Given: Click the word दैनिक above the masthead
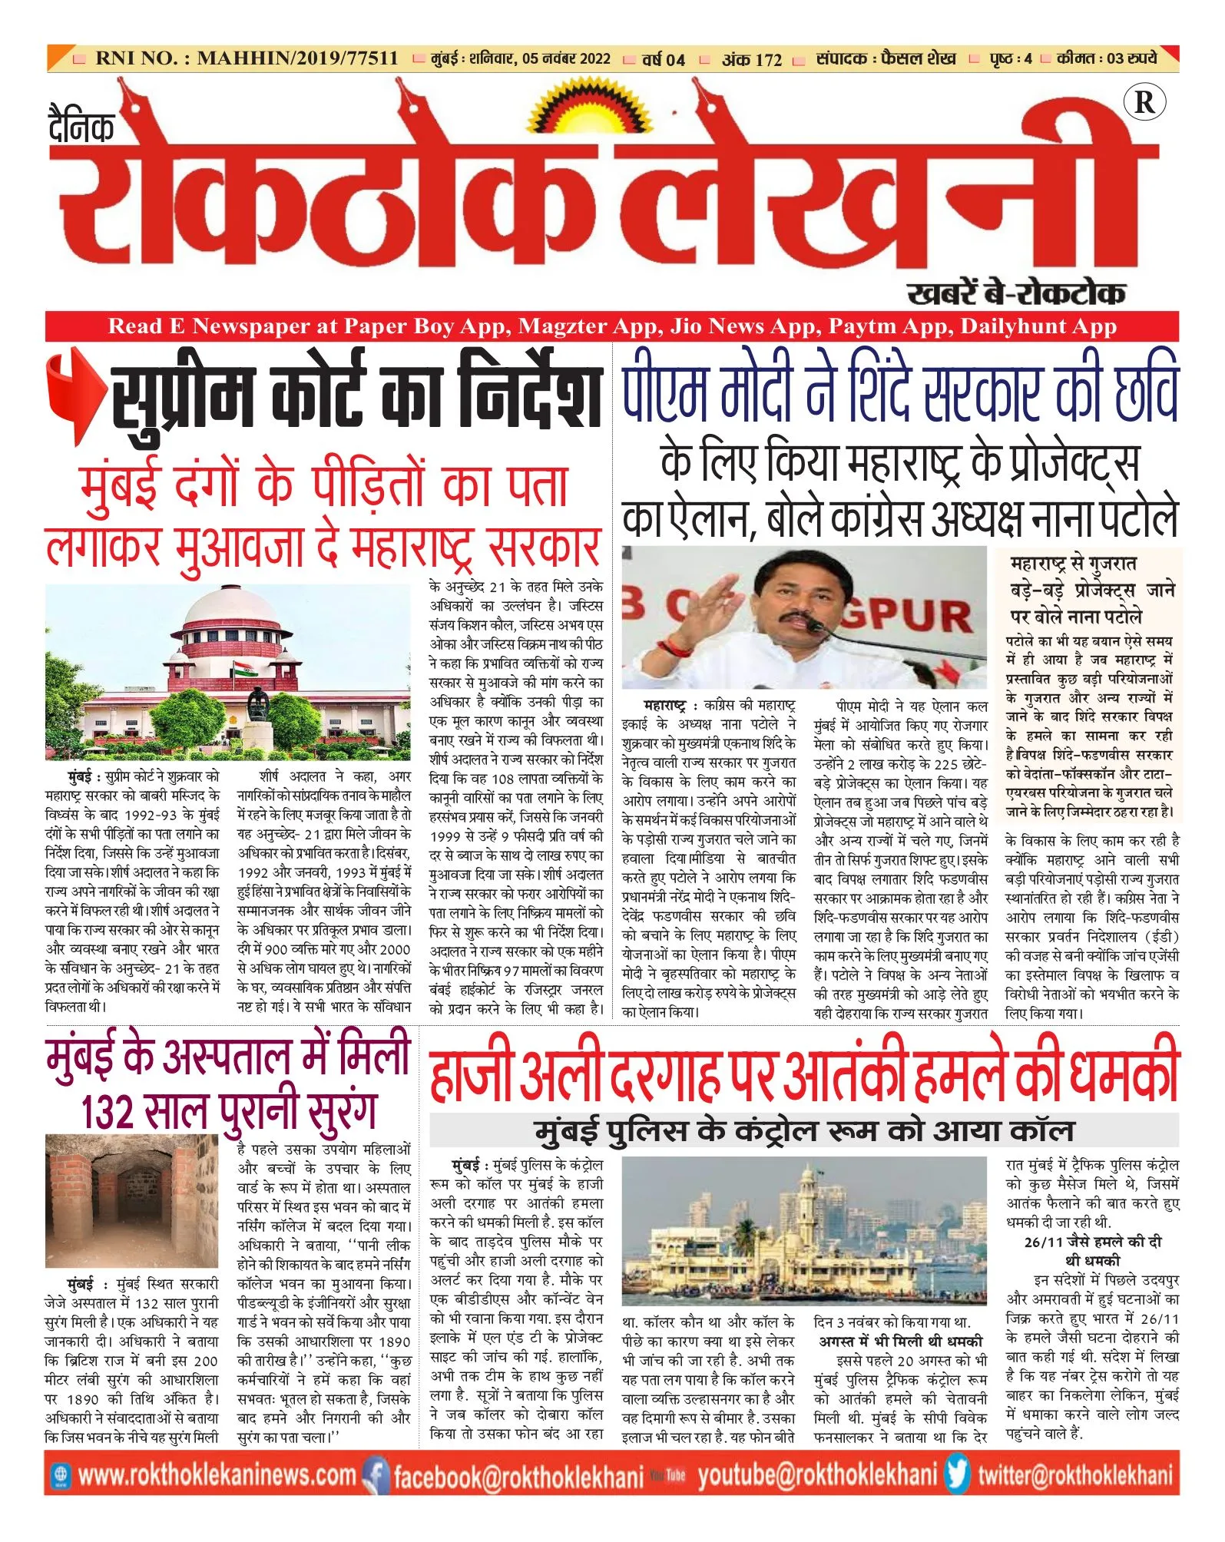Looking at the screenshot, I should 81,126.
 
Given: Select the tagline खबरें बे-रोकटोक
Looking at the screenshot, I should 1016,293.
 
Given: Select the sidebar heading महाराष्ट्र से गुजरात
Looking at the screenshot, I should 1073,564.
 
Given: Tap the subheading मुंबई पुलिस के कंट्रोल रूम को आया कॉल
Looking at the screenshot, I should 803,1130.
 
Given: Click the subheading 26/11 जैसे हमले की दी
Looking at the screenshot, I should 1092,1242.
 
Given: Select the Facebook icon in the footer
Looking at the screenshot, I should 376,1476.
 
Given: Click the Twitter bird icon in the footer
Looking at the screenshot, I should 957,1475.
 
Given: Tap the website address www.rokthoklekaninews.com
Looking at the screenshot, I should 217,1476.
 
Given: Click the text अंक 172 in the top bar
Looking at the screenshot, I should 751,59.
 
